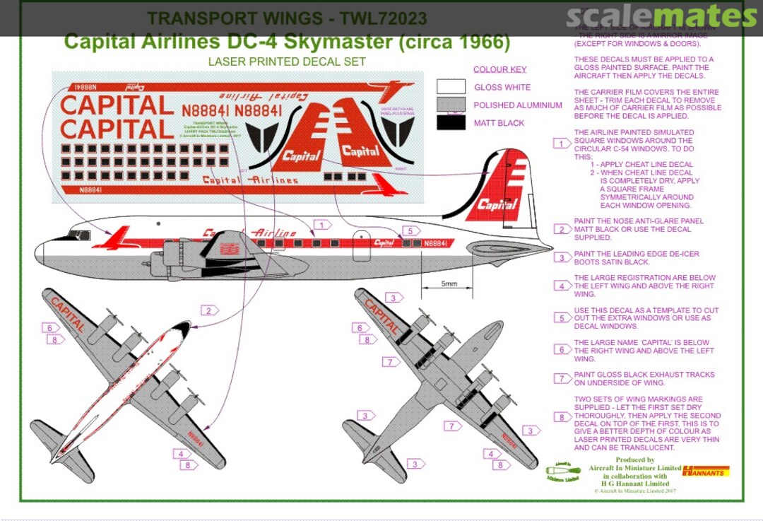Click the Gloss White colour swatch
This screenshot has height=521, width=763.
451,87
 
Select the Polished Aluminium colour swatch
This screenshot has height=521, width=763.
451,105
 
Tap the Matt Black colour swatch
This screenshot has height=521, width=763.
451,122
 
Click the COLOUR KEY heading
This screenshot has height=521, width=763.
499,69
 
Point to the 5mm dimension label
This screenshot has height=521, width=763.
449,284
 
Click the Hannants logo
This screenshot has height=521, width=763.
706,471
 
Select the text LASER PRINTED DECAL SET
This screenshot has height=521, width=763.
287,62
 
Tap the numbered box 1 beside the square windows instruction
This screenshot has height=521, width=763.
562,144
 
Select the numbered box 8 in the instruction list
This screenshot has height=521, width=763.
562,418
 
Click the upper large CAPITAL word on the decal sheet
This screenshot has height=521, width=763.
117,106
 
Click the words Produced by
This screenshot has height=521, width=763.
635,459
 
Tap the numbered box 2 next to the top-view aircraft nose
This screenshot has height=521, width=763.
209,310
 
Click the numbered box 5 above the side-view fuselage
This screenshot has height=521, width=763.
409,230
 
